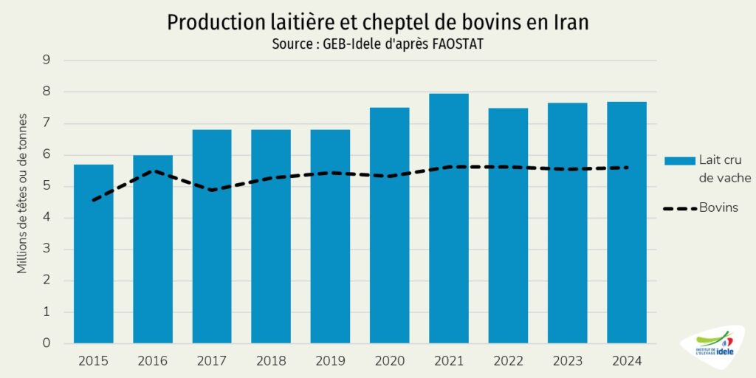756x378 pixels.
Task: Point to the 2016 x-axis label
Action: coord(152,361)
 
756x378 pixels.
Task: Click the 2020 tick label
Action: coord(389,361)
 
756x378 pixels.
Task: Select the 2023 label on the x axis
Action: coord(567,361)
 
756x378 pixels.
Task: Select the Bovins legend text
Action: coord(720,208)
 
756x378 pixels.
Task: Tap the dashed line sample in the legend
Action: coord(679,209)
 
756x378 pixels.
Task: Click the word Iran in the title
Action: coord(571,22)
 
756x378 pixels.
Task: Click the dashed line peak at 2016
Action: coord(152,171)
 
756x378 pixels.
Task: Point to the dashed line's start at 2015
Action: coord(93,200)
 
